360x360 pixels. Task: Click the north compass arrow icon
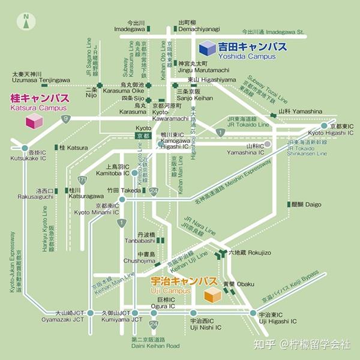click(x=26, y=22)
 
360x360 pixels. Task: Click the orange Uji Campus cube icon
click(x=213, y=295)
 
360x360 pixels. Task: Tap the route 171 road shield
click(x=82, y=179)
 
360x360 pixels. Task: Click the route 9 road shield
click(x=65, y=119)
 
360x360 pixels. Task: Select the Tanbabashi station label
click(x=146, y=238)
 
